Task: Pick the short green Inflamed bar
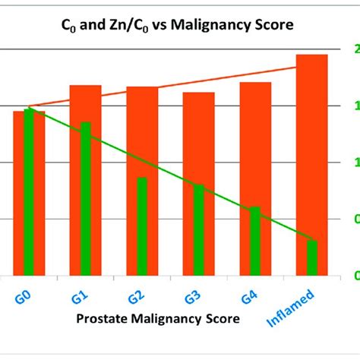tap(311, 257)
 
